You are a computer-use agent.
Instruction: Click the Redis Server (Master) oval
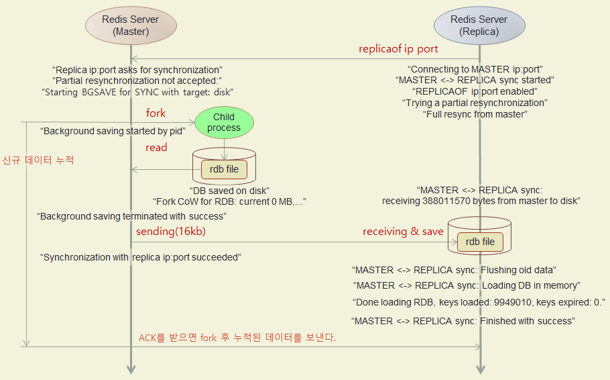pos(131,26)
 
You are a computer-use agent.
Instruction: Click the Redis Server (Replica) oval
pos(479,26)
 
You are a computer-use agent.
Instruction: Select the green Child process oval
pos(224,122)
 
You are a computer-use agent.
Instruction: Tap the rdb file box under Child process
pos(224,169)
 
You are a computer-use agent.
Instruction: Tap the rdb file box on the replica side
pos(480,242)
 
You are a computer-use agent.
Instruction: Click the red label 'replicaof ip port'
pos(399,49)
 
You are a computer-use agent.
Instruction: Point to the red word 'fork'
pos(156,113)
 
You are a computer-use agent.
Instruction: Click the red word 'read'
pos(156,147)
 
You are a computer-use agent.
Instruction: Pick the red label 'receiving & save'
pos(403,232)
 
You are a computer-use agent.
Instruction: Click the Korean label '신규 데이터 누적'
pos(38,160)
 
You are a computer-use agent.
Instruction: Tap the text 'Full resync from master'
pos(475,114)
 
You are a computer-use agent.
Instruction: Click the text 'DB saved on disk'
pos(229,190)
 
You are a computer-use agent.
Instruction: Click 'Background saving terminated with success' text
pos(131,216)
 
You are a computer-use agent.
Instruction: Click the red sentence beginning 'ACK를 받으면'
pos(237,337)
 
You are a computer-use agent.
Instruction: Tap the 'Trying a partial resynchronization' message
pos(475,103)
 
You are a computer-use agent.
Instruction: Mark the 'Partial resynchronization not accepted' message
pos(137,81)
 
